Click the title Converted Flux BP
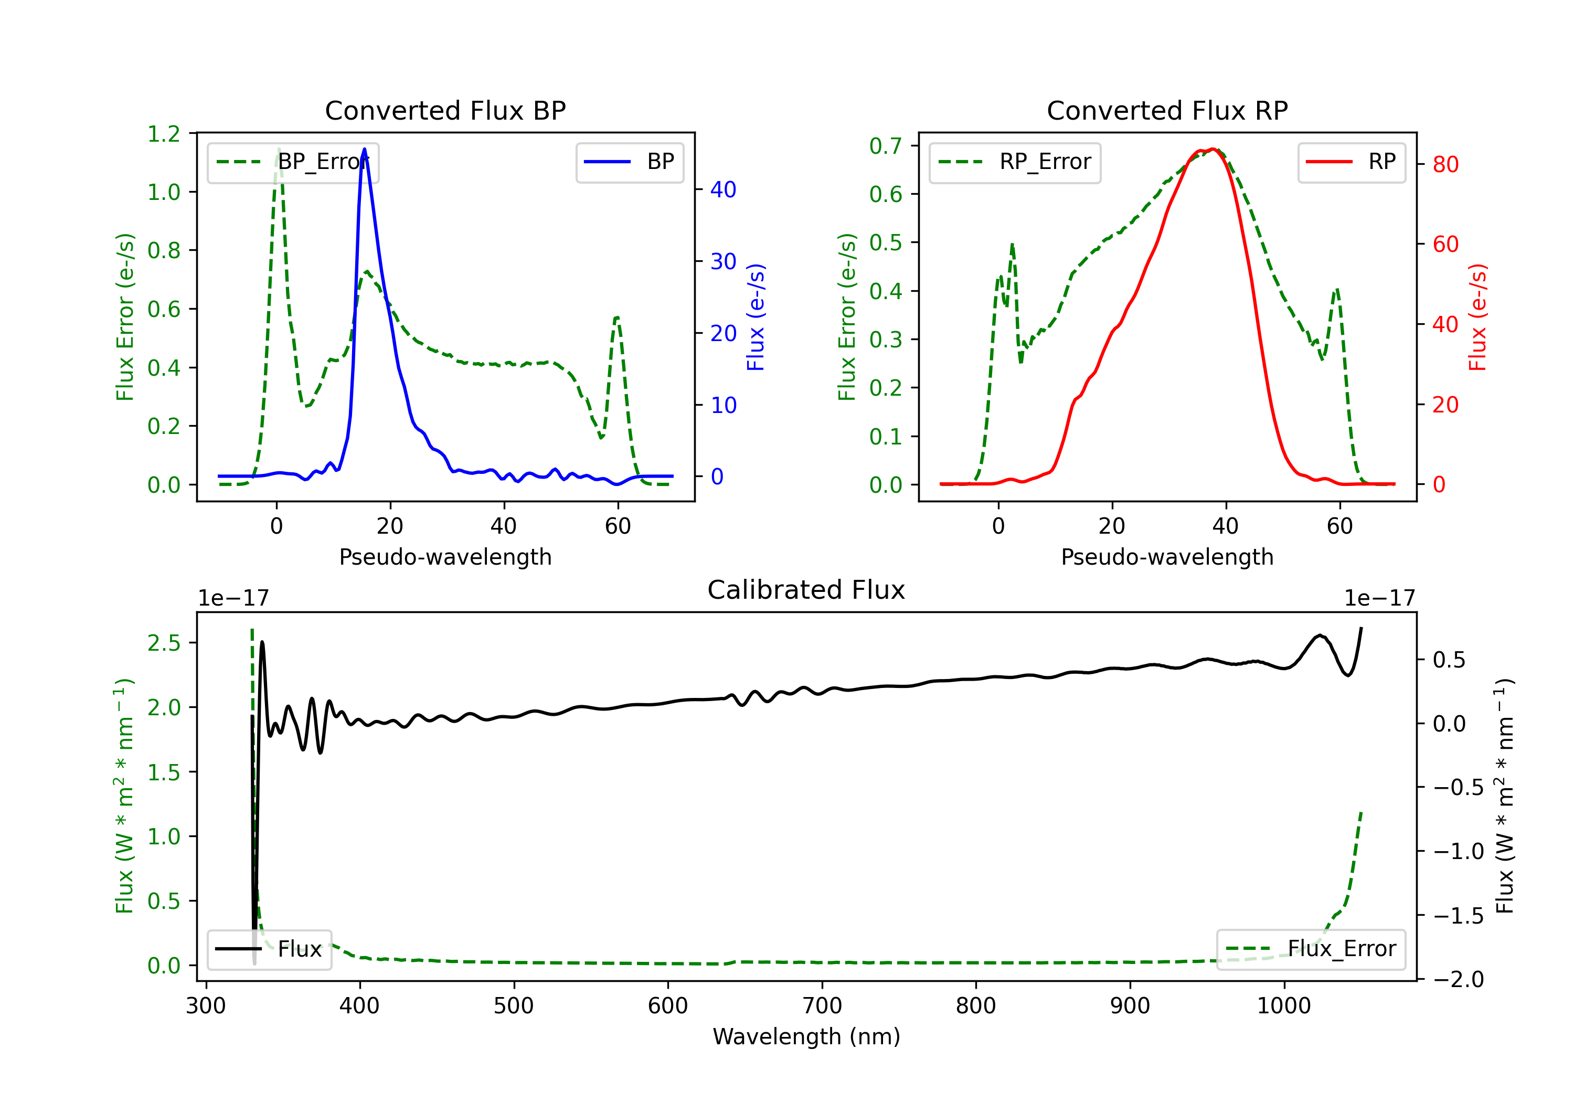click(x=445, y=110)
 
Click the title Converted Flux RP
click(x=1167, y=110)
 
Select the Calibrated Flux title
click(x=806, y=590)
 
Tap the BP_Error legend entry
click(x=293, y=162)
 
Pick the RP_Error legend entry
click(x=1015, y=162)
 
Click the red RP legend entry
click(x=1351, y=162)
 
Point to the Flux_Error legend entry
click(x=1311, y=949)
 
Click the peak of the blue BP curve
click(x=364, y=149)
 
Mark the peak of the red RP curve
click(x=1213, y=150)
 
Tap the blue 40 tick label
click(x=723, y=189)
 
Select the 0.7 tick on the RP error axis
click(x=886, y=145)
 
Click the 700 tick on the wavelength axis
click(x=822, y=1006)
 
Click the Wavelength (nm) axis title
click(x=806, y=1036)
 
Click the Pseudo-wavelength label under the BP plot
click(x=445, y=557)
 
